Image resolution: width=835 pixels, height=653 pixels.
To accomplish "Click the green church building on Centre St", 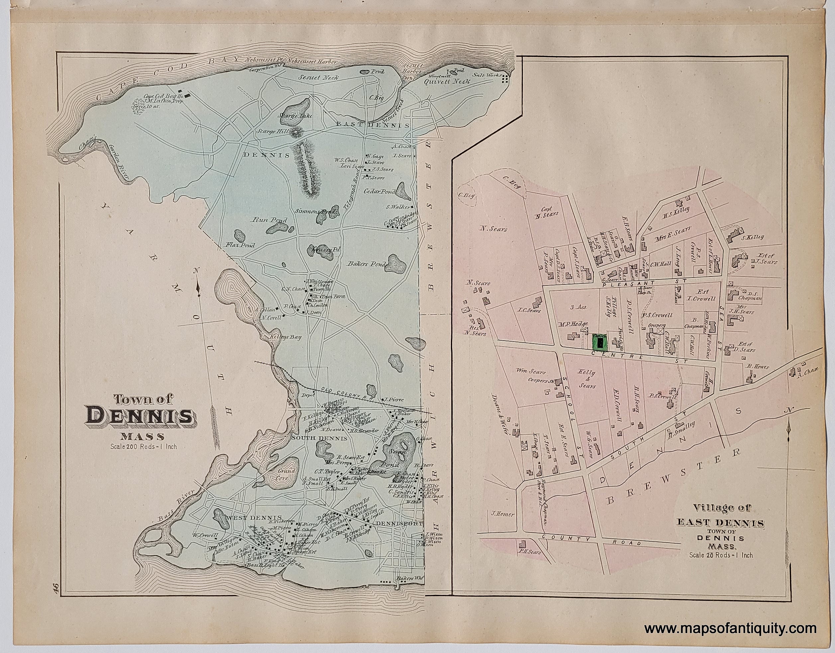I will [599, 341].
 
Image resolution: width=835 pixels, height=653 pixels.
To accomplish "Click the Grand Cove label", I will [286, 475].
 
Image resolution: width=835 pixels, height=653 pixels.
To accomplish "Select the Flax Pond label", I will [240, 245].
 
